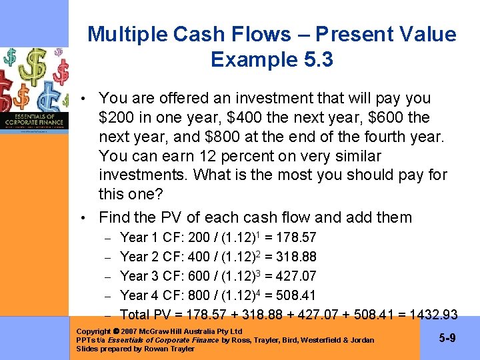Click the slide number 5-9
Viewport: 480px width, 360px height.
447,339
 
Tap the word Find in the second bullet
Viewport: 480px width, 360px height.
114,217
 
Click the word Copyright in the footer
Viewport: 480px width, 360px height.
94,331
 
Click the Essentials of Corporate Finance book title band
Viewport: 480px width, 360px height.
34,120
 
